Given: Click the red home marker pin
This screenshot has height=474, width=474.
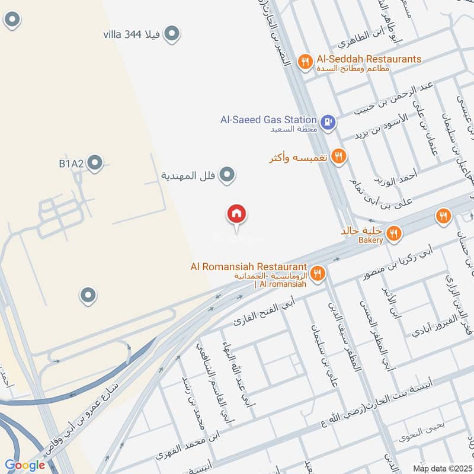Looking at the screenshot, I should pos(237,214).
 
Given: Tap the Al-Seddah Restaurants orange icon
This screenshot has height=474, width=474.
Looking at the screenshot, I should pos(305,62).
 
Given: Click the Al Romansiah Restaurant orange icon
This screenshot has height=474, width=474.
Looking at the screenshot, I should pos(318,273).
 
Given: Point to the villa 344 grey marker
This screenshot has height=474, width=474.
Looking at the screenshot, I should pos(172,34).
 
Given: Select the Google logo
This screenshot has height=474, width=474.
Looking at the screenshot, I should pos(25,465).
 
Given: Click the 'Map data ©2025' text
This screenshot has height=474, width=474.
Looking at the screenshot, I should pos(441,468).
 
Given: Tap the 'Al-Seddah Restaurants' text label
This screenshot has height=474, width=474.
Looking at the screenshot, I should pos(369,59).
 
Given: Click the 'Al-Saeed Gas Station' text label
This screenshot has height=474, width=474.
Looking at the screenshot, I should pos(268,120).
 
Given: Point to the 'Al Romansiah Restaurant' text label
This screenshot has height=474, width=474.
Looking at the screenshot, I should pos(248,267).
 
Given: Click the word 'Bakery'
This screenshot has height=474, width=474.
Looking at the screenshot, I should pos(371,241).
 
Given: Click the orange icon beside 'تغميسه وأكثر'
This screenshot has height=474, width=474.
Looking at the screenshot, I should pos(338,156).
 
